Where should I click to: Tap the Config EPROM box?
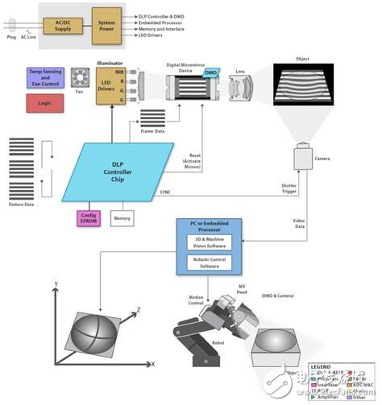click(87, 217)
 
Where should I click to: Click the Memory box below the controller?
click(122, 217)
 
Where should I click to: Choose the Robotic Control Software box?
click(209, 262)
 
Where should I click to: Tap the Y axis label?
click(53, 286)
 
